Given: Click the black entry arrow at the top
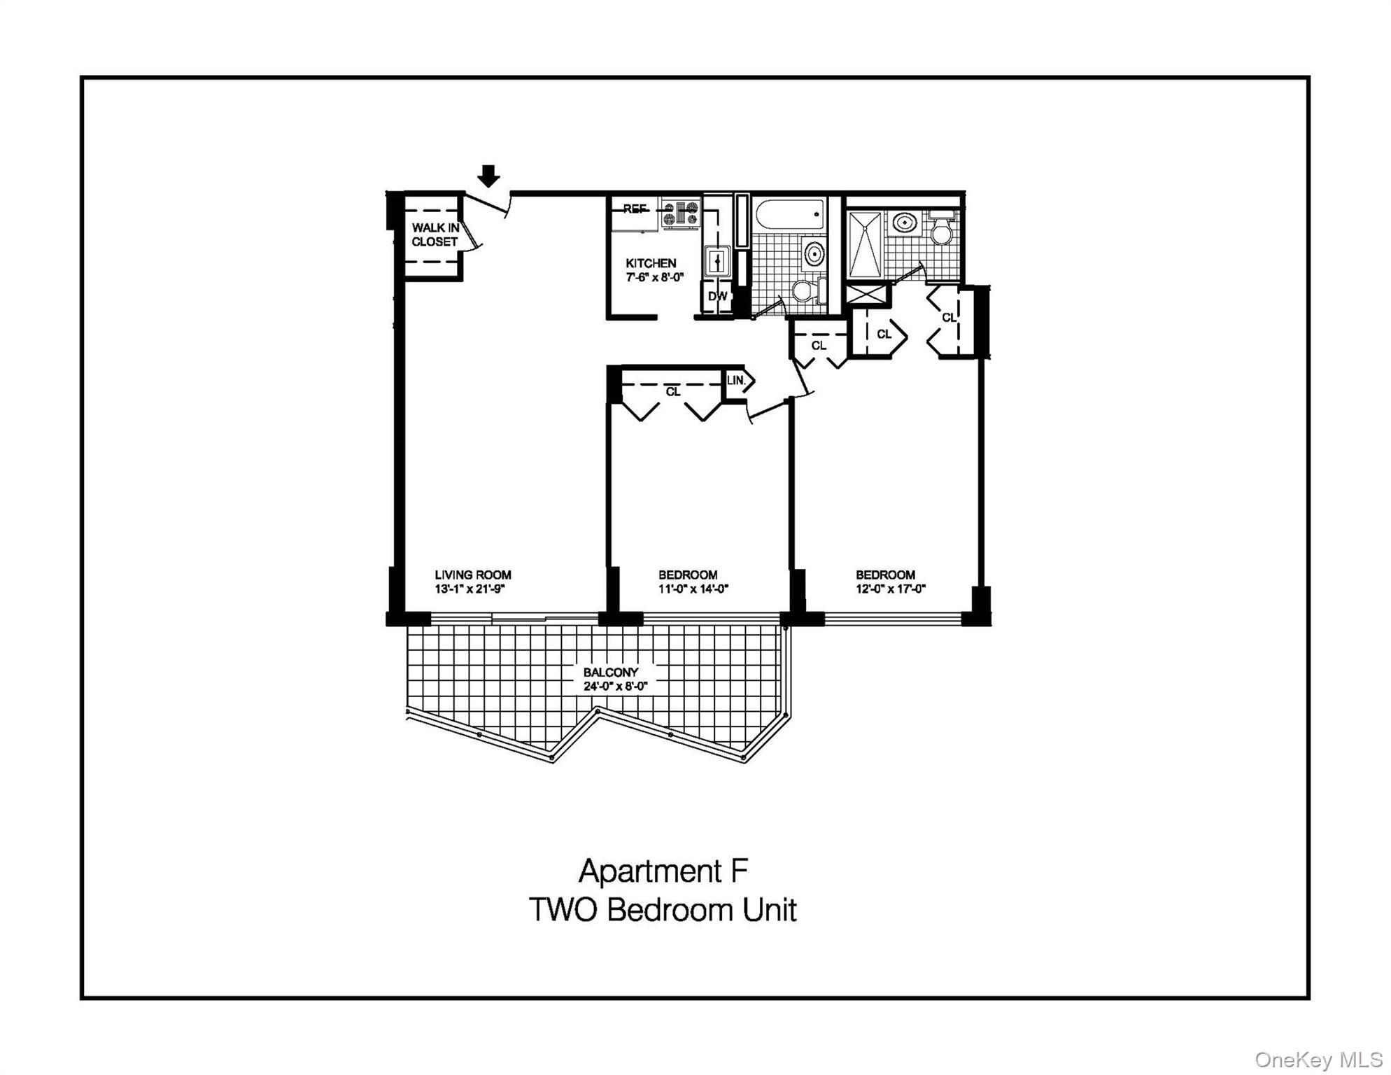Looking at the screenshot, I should (488, 176).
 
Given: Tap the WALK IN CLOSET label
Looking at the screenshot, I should (435, 234).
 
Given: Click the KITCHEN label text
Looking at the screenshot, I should (651, 263).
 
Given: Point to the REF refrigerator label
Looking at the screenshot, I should (634, 209).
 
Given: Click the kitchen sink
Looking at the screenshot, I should (717, 261).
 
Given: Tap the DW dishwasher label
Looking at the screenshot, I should (717, 296).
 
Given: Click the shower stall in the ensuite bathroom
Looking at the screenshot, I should (865, 245).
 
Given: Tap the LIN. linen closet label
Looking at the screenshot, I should (735, 381).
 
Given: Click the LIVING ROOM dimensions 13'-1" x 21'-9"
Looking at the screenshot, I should (469, 589).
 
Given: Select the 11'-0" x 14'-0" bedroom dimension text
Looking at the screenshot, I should (693, 589).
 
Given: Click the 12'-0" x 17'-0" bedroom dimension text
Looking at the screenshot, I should (890, 589).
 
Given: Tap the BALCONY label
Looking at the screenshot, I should (611, 673).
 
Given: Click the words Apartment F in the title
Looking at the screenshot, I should (663, 871).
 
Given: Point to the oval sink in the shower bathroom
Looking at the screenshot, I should (905, 223).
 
